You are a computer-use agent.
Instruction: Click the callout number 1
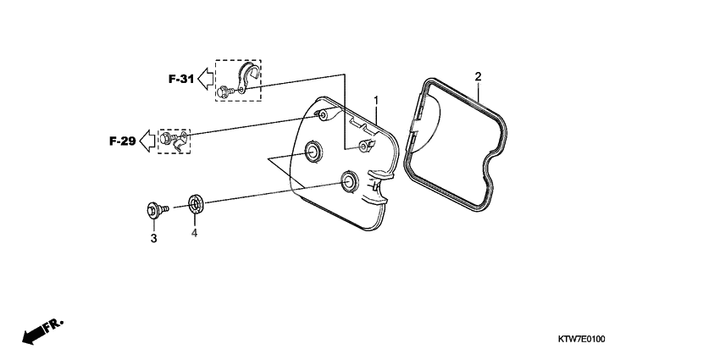coord(375,101)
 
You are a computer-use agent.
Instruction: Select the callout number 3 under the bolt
coord(153,240)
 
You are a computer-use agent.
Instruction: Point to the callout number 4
coord(194,233)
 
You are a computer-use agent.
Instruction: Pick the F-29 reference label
coord(123,141)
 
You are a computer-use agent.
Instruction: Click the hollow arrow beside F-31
coord(204,80)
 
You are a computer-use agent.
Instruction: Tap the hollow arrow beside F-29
coord(147,141)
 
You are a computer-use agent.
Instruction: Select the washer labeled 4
coord(194,204)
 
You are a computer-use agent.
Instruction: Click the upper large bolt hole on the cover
coord(313,151)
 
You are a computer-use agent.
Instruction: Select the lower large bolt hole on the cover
coord(348,180)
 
